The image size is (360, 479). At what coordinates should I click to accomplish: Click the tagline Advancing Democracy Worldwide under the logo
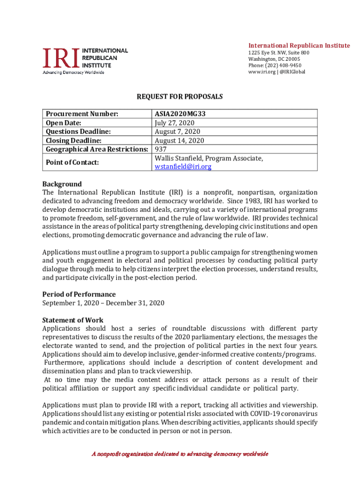[x=73, y=73]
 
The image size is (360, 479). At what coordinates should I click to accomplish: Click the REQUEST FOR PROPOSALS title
[x=180, y=97]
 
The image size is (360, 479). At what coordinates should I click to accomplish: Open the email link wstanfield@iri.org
[x=183, y=167]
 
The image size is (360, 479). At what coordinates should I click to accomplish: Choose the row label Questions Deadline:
[x=78, y=131]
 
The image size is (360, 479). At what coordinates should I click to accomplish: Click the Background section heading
[x=62, y=184]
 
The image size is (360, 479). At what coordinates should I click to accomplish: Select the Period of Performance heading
[x=79, y=294]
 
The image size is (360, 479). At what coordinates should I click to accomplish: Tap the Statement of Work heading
[x=73, y=320]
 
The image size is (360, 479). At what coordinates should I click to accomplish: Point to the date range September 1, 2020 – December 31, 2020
[x=103, y=303]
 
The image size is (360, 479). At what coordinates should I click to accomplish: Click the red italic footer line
[x=180, y=454]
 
